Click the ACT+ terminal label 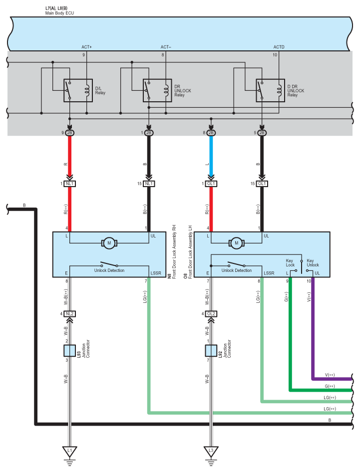click(86, 47)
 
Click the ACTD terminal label click(279, 47)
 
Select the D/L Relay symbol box click(78, 90)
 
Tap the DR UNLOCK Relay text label click(183, 91)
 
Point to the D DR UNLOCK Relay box click(270, 90)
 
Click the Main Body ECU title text click(59, 13)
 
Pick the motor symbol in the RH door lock click(109, 243)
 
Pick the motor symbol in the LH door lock click(236, 243)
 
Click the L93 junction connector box click(69, 351)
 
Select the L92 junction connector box click(211, 351)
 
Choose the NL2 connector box click(69, 314)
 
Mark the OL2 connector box click(211, 314)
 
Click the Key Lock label click(290, 263)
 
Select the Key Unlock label click(313, 263)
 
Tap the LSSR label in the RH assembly click(156, 273)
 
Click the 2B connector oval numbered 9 click(69, 133)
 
